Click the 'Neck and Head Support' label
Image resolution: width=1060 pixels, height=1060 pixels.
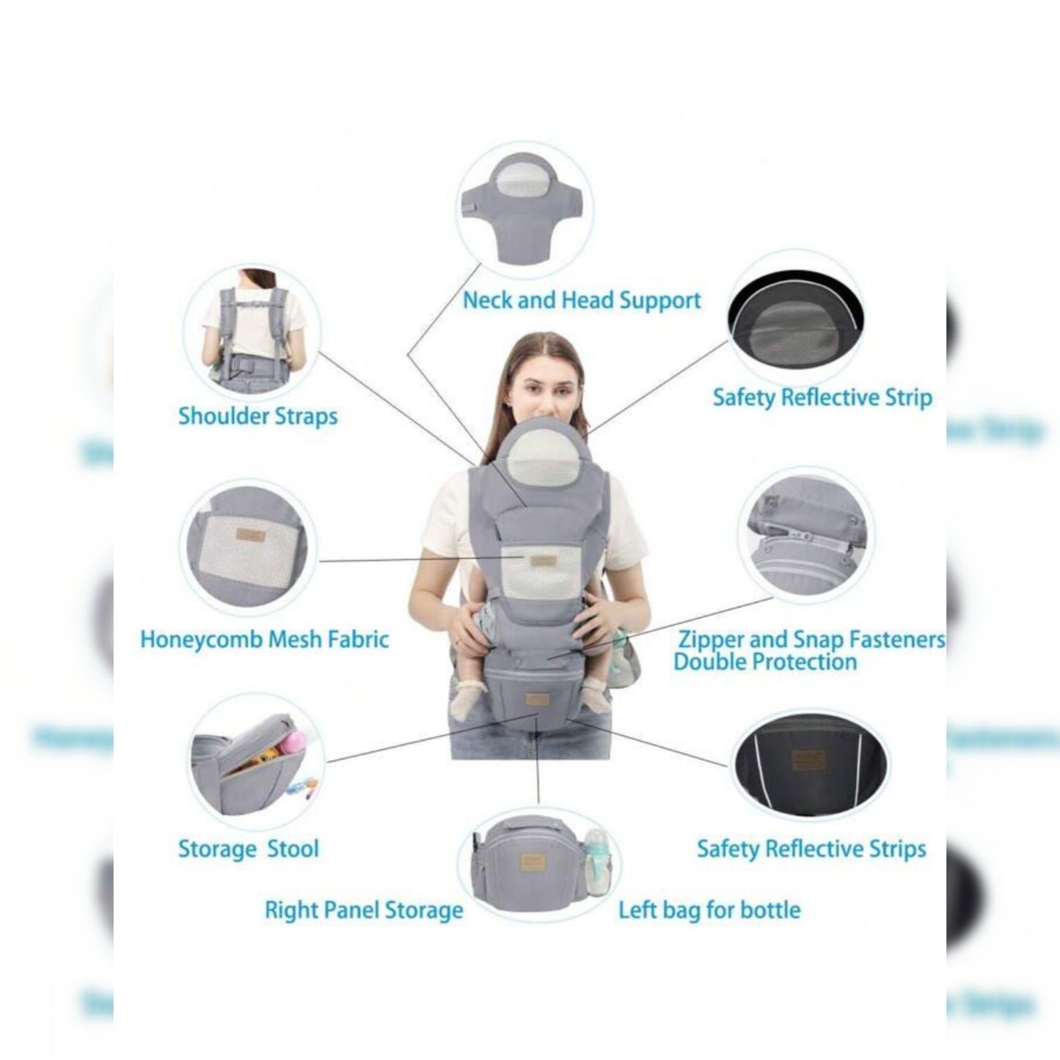pos(581,300)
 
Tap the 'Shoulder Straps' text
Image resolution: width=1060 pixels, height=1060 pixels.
pos(257,416)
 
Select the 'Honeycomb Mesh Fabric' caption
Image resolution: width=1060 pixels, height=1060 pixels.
pos(264,639)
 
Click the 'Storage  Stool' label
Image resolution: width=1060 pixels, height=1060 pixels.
pos(248,849)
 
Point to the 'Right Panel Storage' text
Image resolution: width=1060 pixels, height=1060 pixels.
pos(364,910)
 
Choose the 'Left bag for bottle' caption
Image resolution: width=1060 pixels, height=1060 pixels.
pos(709,910)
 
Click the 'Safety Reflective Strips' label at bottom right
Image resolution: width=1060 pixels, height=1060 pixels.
pos(811,849)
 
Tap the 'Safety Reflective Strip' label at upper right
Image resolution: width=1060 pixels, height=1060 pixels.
pos(822,398)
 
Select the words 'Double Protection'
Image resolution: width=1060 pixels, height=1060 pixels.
pos(764,662)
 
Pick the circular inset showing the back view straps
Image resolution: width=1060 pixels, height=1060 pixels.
pos(252,332)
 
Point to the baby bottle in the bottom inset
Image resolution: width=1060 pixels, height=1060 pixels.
pos(598,861)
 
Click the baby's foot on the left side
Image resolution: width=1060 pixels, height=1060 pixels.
pos(468,699)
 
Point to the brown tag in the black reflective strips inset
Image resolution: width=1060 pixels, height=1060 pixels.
pos(808,759)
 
